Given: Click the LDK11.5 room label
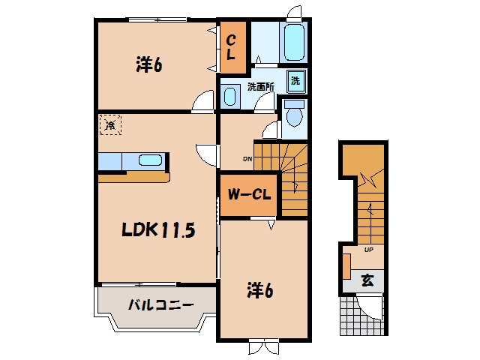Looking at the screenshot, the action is click(158, 229).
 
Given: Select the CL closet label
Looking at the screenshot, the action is click(232, 47).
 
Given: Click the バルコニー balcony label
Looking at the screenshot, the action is click(160, 305).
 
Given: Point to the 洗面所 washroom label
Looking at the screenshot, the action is click(261, 87).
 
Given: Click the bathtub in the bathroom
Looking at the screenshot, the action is click(294, 42).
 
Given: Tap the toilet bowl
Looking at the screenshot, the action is click(295, 114).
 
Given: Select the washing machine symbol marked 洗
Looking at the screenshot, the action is click(296, 81).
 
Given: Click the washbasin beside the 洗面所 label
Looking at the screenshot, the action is click(230, 97).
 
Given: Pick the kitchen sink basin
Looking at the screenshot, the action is click(150, 160).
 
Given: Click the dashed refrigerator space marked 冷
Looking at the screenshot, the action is click(110, 124).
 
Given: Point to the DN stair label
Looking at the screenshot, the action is click(247, 159).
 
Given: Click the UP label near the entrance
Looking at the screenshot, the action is click(368, 250).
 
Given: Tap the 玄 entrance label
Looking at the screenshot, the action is click(367, 280).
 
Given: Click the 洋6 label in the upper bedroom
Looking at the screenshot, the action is click(148, 64).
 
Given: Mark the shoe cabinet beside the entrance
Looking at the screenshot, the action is click(346, 266).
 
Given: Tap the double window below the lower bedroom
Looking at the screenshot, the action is click(264, 346).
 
